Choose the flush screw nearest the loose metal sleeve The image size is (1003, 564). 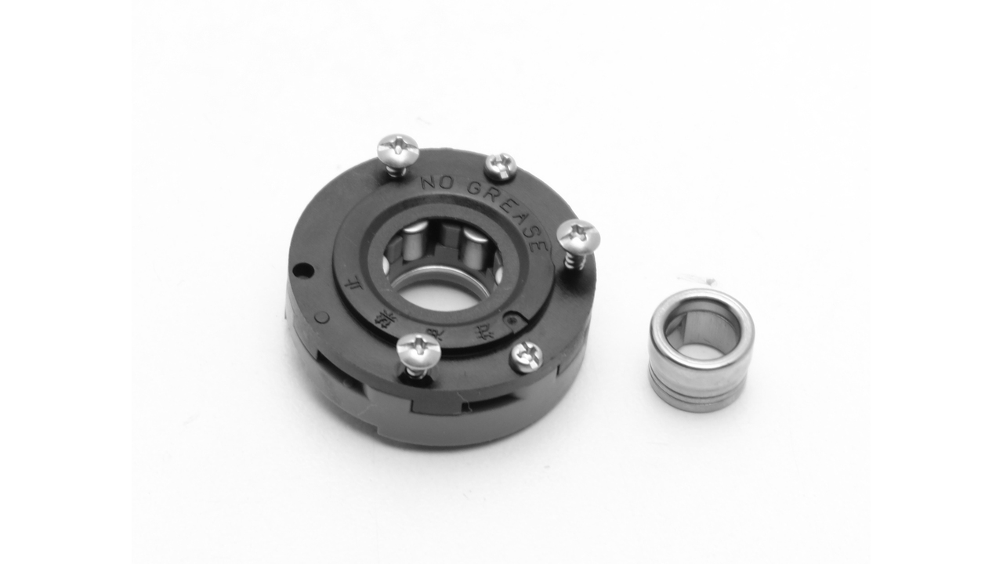[x=526, y=356]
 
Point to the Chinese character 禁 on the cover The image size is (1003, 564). [x=386, y=316]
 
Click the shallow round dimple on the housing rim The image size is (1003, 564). [x=321, y=317]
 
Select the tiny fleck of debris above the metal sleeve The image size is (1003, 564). [x=697, y=277]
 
